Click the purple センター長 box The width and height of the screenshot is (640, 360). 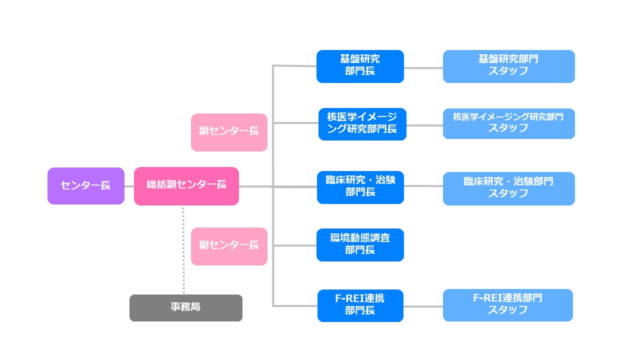coord(85,186)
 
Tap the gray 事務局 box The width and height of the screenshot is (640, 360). coord(185,307)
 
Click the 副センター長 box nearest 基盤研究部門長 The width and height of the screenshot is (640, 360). coord(229,132)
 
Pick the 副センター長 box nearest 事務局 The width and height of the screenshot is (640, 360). coord(229,246)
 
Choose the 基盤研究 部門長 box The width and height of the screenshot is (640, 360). coord(360,66)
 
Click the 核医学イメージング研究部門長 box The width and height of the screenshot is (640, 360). coord(362,124)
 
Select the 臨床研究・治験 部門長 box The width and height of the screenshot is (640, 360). coord(360,187)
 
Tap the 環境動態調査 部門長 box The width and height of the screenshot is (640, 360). coord(360,245)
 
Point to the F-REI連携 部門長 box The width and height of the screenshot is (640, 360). coord(360,305)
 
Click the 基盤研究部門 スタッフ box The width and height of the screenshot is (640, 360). coord(508,66)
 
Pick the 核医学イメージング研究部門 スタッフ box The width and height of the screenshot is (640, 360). coord(508,123)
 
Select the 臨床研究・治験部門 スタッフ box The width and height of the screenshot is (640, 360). coord(508,188)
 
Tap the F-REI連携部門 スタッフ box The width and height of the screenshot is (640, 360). coord(507,305)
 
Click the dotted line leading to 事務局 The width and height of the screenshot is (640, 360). coord(183,250)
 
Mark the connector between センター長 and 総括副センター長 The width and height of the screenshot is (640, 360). coord(129,186)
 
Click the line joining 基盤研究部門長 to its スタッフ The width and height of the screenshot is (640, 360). coord(423,68)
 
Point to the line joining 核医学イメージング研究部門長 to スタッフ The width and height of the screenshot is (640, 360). coord(424,125)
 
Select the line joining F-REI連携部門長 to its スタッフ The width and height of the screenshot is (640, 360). coord(423,306)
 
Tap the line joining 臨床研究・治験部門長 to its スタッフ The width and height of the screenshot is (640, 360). coord(423,186)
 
